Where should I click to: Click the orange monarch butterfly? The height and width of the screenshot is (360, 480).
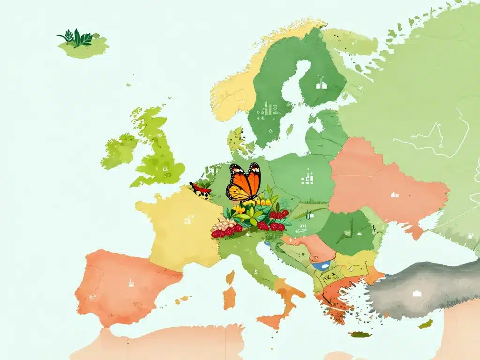pyautogui.click(x=243, y=182)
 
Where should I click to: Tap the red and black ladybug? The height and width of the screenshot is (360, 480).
pyautogui.click(x=200, y=188)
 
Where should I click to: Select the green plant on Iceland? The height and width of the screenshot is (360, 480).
pyautogui.click(x=75, y=38)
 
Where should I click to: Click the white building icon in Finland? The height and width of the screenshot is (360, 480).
pyautogui.click(x=321, y=85)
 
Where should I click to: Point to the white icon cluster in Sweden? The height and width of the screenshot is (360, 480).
pyautogui.click(x=267, y=108)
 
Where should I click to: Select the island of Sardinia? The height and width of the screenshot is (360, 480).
pyautogui.click(x=229, y=298)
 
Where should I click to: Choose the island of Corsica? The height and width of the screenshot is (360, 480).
pyautogui.click(x=230, y=277)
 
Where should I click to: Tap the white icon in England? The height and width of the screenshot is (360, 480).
pyautogui.click(x=165, y=169)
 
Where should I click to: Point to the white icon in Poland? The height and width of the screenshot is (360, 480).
pyautogui.click(x=308, y=177)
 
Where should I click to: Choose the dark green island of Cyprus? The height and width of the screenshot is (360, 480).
pyautogui.click(x=426, y=323)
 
